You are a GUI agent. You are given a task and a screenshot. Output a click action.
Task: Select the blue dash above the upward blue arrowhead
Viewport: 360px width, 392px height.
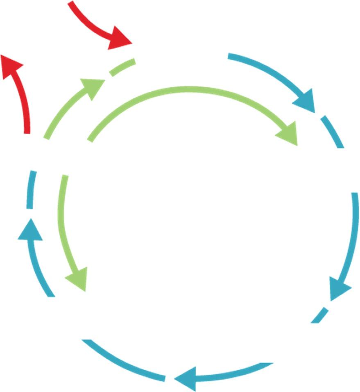[31, 189]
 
